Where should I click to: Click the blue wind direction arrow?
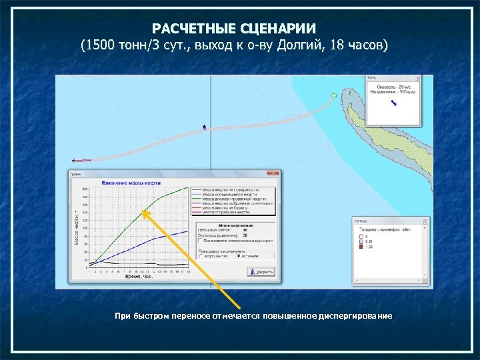(394, 101)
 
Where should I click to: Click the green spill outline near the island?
(334, 96)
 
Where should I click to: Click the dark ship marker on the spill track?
(204, 125)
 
